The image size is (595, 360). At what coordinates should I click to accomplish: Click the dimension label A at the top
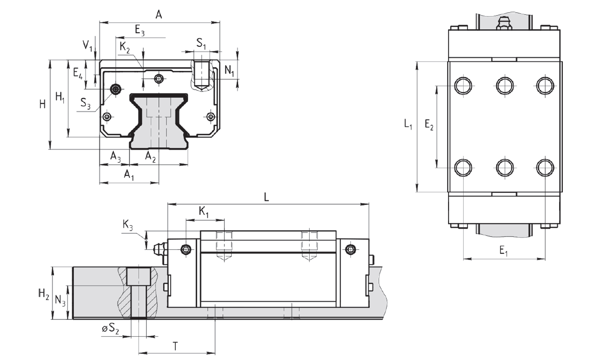point(159,15)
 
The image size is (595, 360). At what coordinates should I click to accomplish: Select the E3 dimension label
point(140,31)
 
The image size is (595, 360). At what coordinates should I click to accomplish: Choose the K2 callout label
point(125,47)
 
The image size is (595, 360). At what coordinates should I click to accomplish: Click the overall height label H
point(43,104)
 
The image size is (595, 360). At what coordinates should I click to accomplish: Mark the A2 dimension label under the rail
point(150,156)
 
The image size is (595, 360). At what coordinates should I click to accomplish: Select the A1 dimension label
point(129,175)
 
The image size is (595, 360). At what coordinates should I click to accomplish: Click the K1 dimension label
point(204,213)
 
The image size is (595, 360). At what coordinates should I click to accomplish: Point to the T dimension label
point(175,346)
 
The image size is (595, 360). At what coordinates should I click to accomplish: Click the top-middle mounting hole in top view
point(505,85)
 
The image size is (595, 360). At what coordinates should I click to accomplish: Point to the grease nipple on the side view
point(160,249)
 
